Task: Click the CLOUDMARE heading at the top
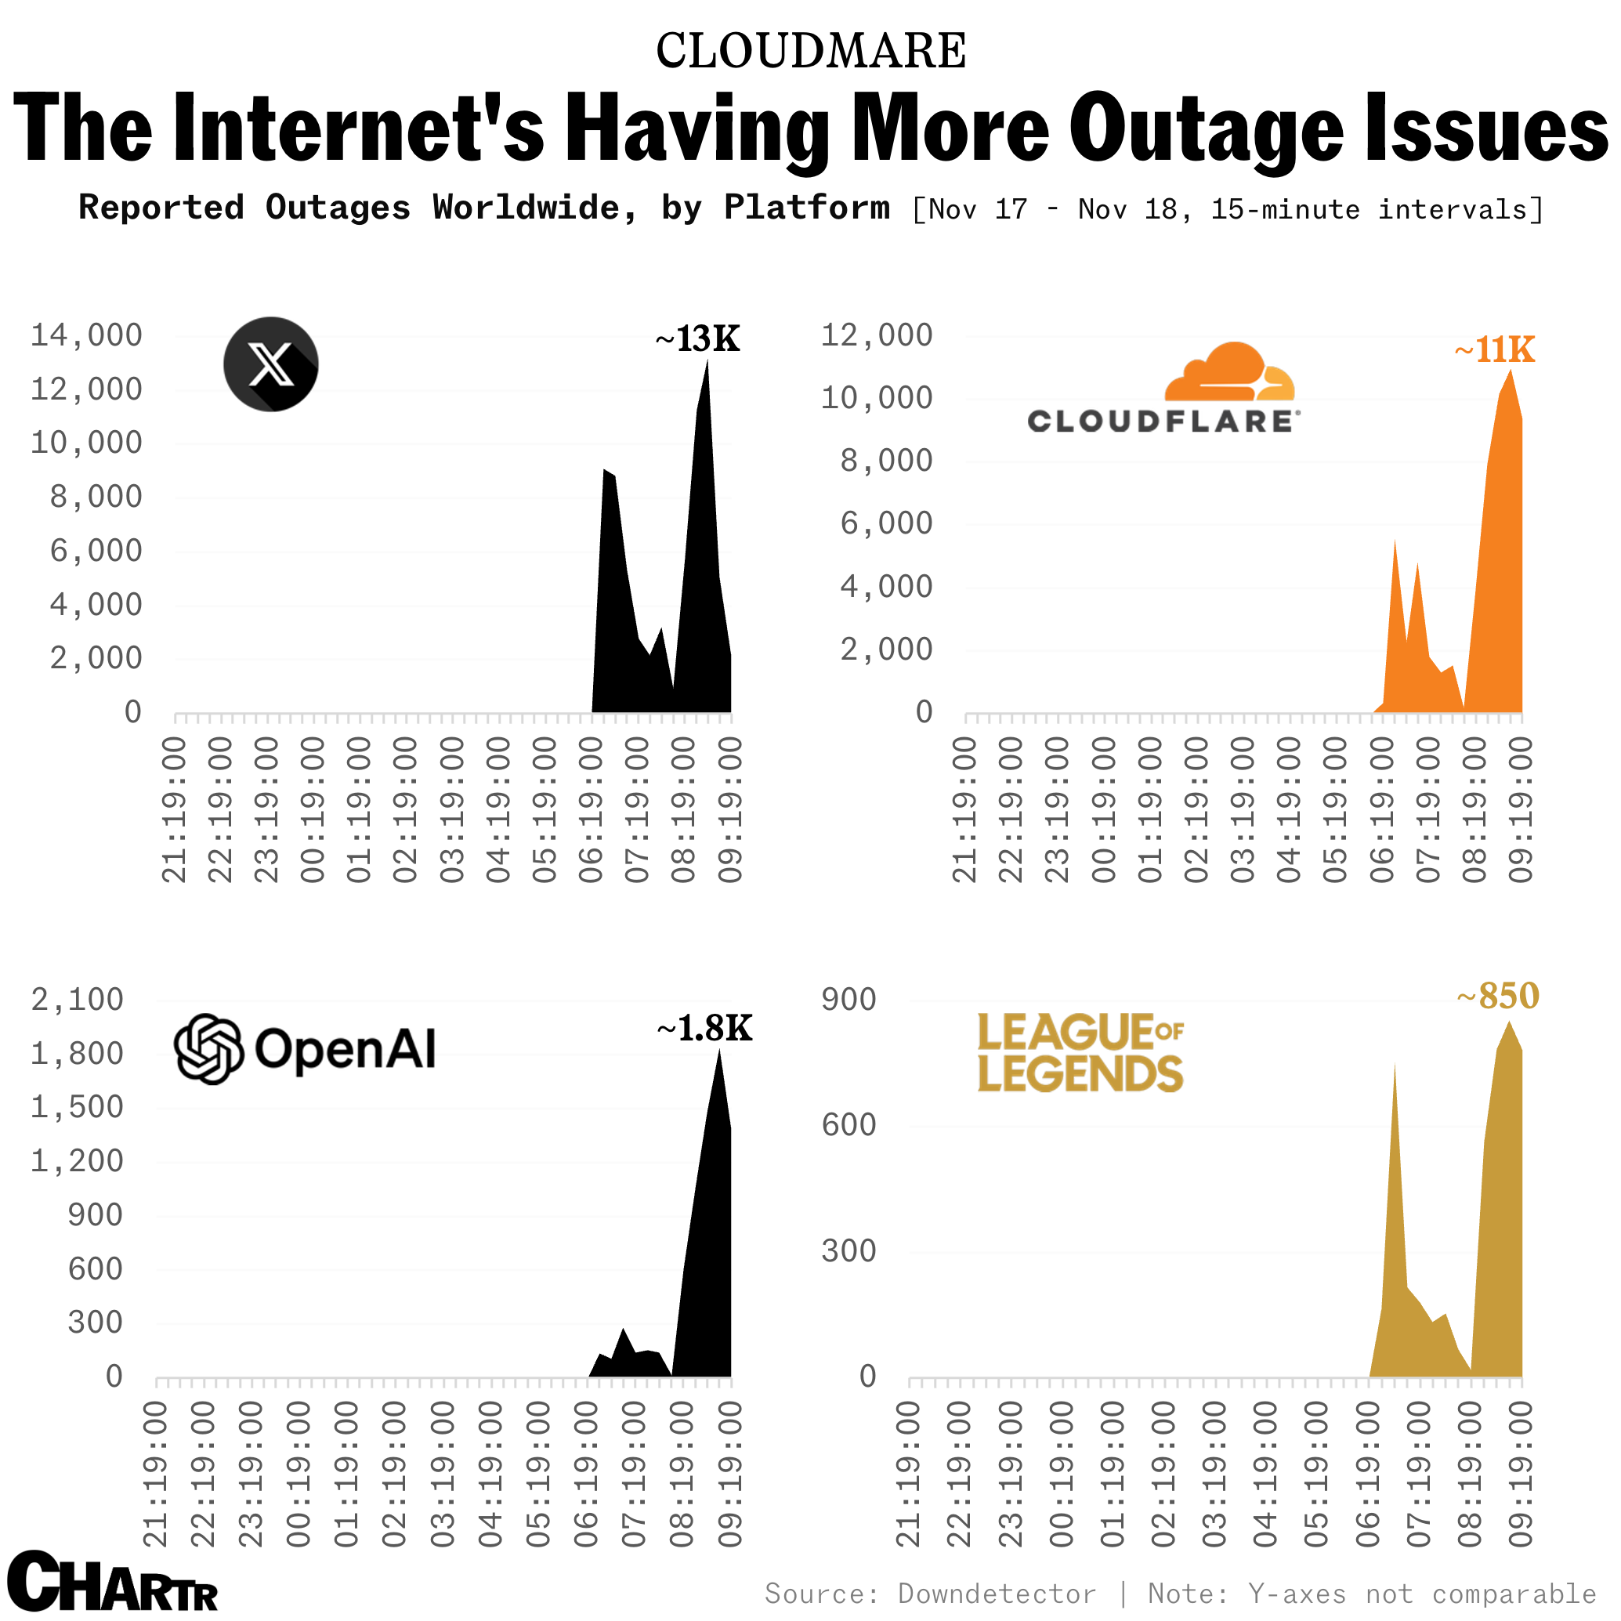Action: point(810,50)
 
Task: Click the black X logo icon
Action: point(271,364)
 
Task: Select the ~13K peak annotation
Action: point(697,339)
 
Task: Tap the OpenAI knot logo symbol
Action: point(209,1049)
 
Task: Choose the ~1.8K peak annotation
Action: point(705,1029)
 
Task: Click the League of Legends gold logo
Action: point(1080,1053)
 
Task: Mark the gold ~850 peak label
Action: point(1498,997)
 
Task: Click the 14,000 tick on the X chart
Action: point(86,335)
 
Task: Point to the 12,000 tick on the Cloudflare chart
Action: point(877,335)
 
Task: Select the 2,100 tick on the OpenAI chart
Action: point(78,999)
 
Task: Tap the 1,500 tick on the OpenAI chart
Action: point(78,1108)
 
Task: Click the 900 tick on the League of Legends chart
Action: point(849,999)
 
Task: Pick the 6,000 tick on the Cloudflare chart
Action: point(886,524)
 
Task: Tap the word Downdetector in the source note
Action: point(997,1594)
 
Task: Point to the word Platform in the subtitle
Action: point(806,208)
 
